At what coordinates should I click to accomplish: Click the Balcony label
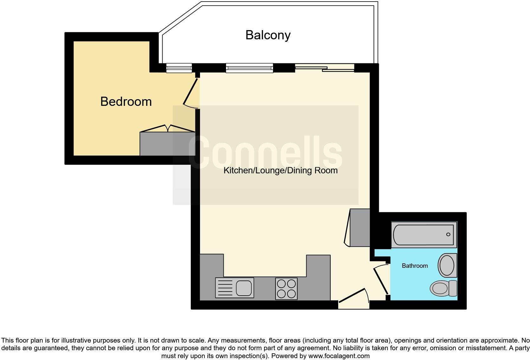point(268,35)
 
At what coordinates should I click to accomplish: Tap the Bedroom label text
point(126,101)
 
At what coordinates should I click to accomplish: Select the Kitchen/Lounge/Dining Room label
point(280,170)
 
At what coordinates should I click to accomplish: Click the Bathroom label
point(415,266)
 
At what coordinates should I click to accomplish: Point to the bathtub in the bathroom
point(423,235)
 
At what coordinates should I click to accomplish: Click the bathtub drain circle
point(448,235)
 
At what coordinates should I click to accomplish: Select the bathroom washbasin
point(447,266)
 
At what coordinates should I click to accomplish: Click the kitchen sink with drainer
point(235,288)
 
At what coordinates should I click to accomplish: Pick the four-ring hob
point(286,289)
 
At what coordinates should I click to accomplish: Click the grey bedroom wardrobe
point(167,144)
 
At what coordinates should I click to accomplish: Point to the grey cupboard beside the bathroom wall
point(360,228)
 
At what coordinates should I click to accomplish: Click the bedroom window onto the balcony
point(179,68)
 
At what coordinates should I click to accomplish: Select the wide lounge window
point(249,68)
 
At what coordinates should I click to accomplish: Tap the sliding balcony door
point(325,68)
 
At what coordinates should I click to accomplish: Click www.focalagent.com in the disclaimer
point(339,356)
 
